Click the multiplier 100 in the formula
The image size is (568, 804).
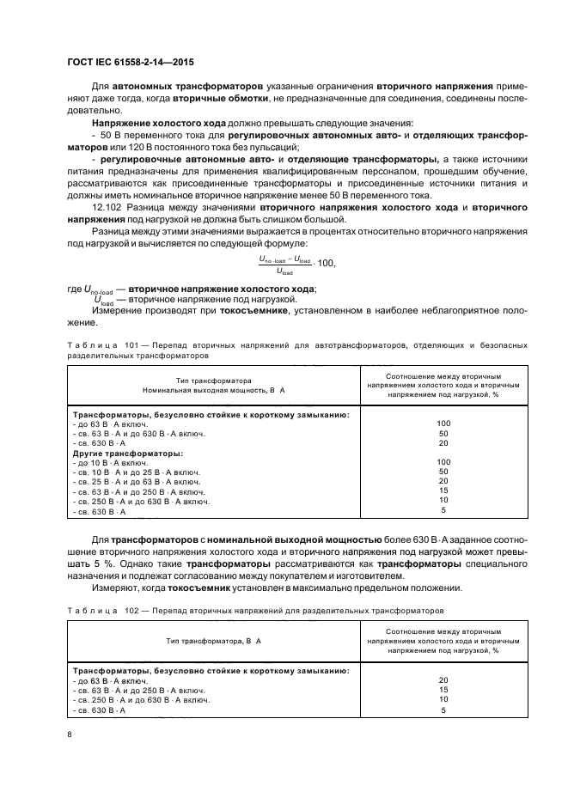point(329,262)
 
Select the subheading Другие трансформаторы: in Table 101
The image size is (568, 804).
point(127,453)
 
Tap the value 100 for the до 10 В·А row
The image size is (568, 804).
point(443,462)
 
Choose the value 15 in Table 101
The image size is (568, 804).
point(443,490)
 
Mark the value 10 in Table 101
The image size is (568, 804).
point(443,500)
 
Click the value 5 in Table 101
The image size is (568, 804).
point(443,510)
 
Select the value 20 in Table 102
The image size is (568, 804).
point(443,679)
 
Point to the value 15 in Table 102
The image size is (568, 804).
point(443,690)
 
